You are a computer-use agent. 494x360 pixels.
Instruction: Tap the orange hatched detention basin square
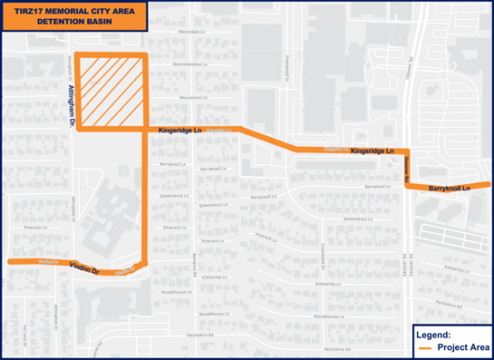click(x=111, y=92)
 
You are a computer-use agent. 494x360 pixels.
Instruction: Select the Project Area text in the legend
click(x=463, y=346)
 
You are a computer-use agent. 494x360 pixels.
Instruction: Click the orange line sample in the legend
click(x=424, y=346)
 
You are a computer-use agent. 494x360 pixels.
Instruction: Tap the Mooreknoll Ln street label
click(x=193, y=97)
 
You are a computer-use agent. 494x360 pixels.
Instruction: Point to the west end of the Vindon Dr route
click(x=10, y=261)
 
